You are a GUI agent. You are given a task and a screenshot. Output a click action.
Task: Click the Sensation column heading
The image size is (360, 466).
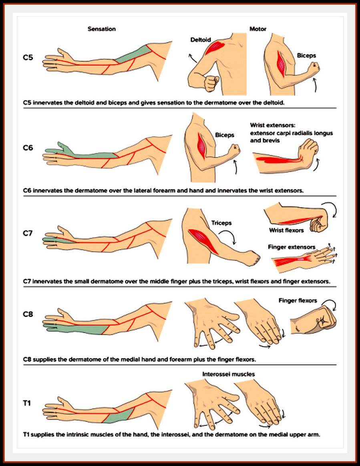[x=102, y=29]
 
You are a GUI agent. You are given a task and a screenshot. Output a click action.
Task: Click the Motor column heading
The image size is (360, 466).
[x=257, y=29]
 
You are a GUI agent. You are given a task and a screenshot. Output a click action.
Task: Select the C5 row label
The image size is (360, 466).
[x=28, y=57]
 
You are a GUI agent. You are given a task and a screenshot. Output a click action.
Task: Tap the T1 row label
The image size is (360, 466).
[x=27, y=403]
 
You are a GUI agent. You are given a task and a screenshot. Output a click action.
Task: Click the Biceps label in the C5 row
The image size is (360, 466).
[x=306, y=57]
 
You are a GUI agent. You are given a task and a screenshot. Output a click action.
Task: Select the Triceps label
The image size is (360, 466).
[x=221, y=223]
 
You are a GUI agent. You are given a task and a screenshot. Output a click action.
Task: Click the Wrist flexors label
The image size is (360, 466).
[x=286, y=230]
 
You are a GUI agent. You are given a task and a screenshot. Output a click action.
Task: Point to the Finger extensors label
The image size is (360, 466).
[x=291, y=247]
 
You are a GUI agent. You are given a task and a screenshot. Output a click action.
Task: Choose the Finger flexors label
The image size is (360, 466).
[x=298, y=300]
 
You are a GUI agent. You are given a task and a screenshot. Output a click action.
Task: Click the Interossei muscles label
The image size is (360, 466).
[x=229, y=374]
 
